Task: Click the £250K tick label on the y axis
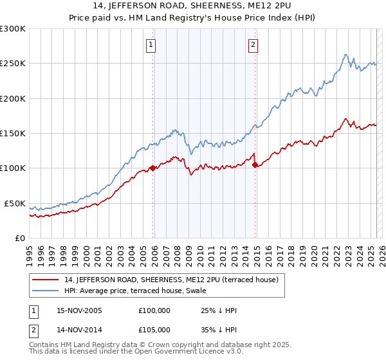[x=13, y=64]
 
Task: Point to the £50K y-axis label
[x=15, y=203]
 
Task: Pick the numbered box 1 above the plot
[x=151, y=45]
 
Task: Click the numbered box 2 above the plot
[x=253, y=45]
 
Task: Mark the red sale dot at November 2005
[x=152, y=168]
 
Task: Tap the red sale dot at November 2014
[x=255, y=165]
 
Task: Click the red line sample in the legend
[x=46, y=280]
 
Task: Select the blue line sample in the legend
[x=46, y=291]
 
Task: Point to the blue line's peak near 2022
[x=346, y=55]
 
